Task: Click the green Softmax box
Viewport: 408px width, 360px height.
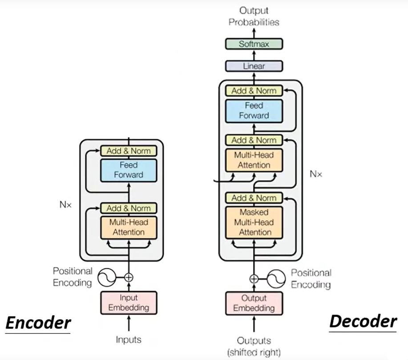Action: [x=254, y=44]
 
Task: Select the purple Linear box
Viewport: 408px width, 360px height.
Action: [x=254, y=66]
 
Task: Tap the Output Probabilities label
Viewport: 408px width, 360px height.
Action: [x=254, y=16]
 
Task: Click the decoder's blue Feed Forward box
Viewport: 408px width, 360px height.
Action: [x=254, y=110]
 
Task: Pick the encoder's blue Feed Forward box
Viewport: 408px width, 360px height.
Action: [x=129, y=170]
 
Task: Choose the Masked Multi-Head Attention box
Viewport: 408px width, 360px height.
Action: [x=254, y=222]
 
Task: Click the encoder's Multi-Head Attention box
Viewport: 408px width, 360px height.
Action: [x=129, y=227]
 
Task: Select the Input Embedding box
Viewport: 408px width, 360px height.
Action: [x=129, y=303]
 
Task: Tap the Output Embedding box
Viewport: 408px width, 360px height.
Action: [x=254, y=303]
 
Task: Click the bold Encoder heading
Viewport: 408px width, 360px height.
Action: [x=38, y=323]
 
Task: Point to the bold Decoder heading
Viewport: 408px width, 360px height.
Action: [x=363, y=321]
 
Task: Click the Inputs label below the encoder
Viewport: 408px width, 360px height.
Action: [x=129, y=340]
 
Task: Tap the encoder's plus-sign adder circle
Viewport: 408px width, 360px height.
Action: [x=129, y=277]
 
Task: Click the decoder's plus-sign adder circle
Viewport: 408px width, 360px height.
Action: [x=254, y=279]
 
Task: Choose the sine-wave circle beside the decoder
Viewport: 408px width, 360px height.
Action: [x=276, y=279]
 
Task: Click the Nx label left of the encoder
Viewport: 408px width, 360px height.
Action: [x=65, y=205]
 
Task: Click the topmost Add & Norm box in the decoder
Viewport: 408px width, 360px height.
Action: [x=254, y=91]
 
